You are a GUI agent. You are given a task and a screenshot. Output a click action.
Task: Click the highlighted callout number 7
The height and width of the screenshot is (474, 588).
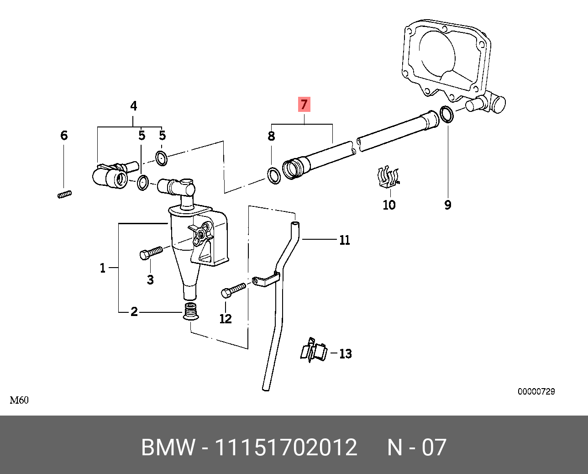coord(304,105)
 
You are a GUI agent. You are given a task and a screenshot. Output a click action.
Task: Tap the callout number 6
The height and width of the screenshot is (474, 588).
coord(64,136)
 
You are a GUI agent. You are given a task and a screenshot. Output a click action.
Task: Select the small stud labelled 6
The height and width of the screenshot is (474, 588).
coord(65,194)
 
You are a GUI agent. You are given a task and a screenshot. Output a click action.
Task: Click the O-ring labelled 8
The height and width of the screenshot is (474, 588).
coord(273,176)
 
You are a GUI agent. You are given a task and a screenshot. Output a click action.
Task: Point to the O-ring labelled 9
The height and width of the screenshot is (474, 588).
coord(446,114)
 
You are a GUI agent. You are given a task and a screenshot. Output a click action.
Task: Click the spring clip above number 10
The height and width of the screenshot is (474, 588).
coord(388,178)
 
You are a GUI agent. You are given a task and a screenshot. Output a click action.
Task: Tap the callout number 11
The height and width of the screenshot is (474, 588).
coord(344,240)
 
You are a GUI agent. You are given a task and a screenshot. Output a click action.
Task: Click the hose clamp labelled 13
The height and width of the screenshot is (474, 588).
coord(314,351)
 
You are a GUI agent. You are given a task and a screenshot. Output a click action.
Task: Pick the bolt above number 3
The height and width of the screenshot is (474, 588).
coord(151,253)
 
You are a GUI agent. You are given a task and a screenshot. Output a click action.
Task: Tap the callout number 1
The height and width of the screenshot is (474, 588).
coord(103,268)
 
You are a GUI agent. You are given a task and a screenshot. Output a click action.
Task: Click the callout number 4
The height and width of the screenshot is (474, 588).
coord(133,106)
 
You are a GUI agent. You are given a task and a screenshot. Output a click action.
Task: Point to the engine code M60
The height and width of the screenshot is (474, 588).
coord(19,400)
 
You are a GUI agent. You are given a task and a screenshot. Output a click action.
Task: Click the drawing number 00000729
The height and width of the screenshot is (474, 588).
coord(536,392)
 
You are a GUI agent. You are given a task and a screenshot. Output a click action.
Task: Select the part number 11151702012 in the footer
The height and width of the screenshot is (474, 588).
coord(286,448)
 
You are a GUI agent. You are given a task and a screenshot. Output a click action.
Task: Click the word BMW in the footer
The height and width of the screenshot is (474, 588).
coord(168,448)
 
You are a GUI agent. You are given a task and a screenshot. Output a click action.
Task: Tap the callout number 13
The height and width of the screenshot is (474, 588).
coord(346,354)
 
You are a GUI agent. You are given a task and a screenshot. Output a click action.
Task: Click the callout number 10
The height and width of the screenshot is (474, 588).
coord(389,205)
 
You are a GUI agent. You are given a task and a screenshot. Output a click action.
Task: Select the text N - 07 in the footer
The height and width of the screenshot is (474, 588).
coord(416,448)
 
